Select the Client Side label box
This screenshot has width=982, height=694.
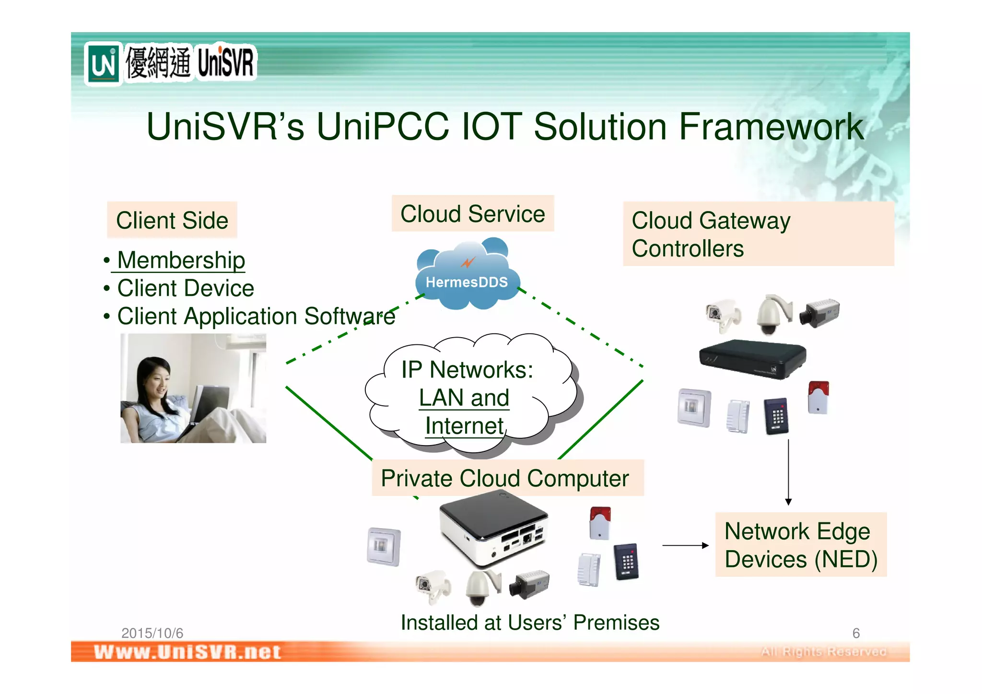[x=172, y=220]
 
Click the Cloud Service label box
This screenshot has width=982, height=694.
[x=473, y=214]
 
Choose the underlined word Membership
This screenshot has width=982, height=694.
[x=181, y=260]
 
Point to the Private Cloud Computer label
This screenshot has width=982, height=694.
[x=505, y=478]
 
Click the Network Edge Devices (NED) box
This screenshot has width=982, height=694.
[x=800, y=545]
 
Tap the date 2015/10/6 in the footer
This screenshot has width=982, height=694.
[x=152, y=633]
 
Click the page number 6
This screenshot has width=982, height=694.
[x=856, y=633]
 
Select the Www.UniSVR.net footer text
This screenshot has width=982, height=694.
[x=187, y=652]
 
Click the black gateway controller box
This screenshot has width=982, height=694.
[x=752, y=358]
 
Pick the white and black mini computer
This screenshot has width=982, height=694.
[x=494, y=530]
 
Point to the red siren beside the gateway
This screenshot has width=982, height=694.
[x=818, y=397]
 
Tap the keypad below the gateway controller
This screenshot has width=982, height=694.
[x=776, y=416]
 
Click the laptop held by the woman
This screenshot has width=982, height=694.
[x=201, y=405]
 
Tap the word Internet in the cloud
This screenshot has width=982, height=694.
[x=464, y=426]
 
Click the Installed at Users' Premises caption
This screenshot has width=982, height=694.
[x=530, y=623]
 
